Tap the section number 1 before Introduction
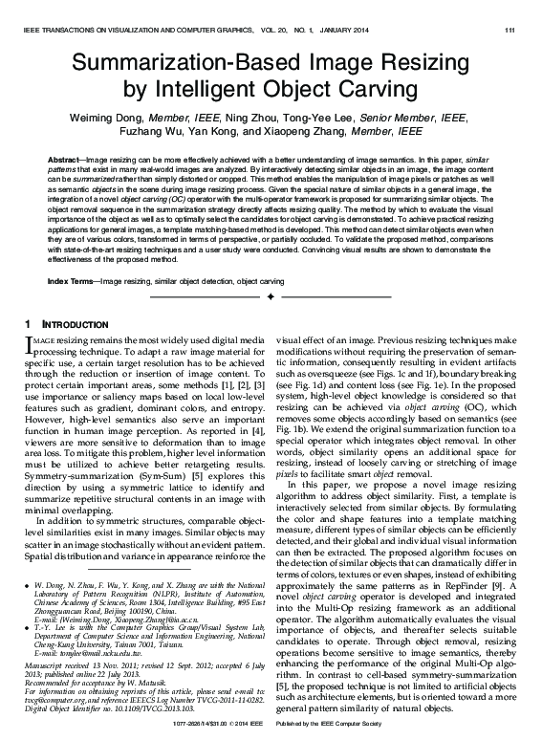click(x=28, y=325)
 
